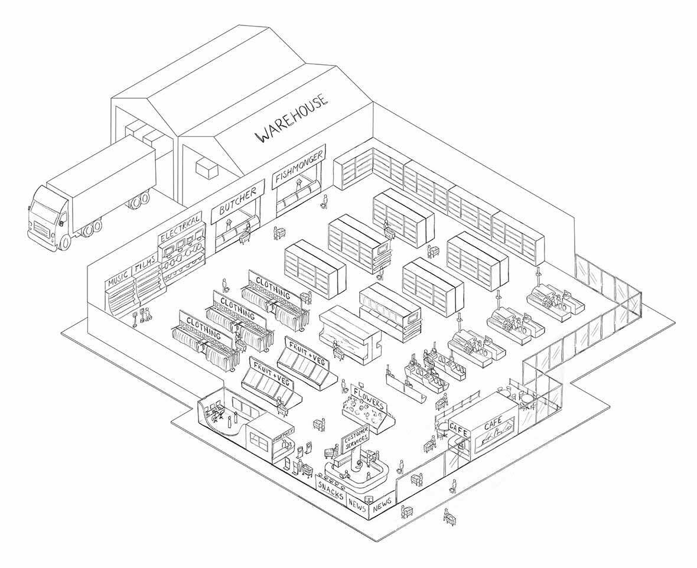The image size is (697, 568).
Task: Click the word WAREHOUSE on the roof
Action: click(292, 120)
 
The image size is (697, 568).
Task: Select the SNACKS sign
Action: click(331, 491)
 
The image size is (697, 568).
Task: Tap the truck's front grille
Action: click(40, 228)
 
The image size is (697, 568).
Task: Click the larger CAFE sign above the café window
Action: click(494, 425)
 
